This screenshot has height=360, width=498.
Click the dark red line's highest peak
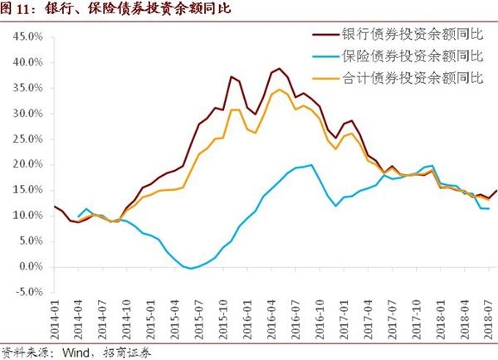279,69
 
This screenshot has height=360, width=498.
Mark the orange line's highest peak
279,90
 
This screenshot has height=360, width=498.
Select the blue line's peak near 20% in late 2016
311,164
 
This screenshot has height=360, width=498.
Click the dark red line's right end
496,190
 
